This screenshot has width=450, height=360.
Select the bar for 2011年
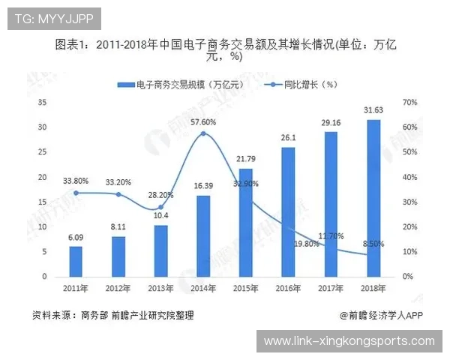76,261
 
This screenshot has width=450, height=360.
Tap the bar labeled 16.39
203,235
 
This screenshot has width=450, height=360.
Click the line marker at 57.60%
203,133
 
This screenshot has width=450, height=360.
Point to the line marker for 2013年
160,207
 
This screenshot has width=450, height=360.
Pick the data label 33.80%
76,180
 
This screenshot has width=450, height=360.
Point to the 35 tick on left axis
43,102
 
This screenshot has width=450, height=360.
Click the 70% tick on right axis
409,102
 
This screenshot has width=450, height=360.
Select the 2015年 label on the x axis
245,288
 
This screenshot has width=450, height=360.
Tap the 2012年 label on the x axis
118,288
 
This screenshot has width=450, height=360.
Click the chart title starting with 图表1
225,50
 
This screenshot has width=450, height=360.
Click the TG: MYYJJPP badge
52,19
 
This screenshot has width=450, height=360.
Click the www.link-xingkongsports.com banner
349,341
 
